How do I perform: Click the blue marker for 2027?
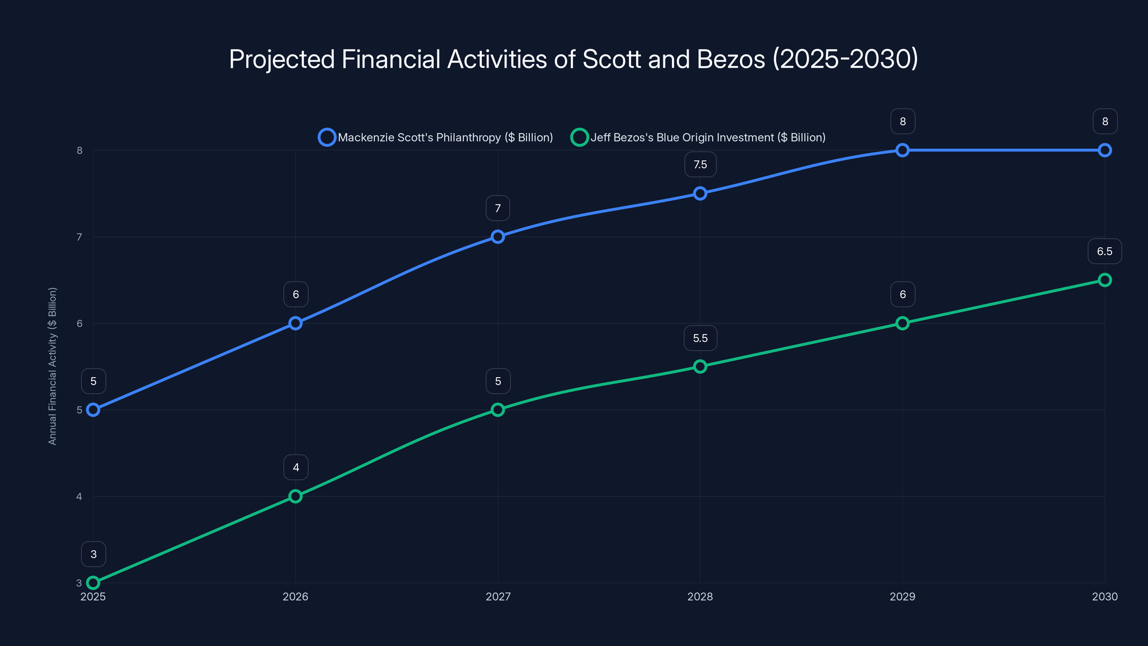(x=498, y=237)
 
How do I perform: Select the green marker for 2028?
(x=700, y=366)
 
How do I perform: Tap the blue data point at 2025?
(x=93, y=410)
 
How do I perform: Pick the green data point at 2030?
(x=1105, y=280)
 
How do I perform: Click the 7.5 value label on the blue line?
(x=700, y=164)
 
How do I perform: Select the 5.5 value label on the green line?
(x=700, y=338)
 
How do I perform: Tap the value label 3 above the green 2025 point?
(x=94, y=554)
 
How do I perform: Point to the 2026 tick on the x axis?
(x=296, y=596)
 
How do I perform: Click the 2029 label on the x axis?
(x=903, y=596)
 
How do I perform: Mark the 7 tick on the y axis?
(x=79, y=237)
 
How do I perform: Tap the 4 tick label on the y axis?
(x=79, y=496)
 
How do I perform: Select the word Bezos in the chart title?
(x=730, y=59)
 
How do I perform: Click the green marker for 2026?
(x=296, y=496)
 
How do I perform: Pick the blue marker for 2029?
(x=903, y=150)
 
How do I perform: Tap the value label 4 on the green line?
(x=296, y=467)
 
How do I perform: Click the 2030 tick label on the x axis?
(x=1105, y=596)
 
